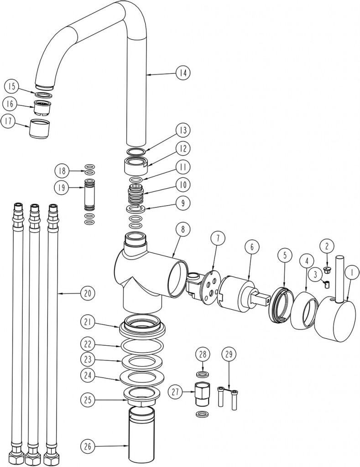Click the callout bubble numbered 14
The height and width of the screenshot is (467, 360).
[x=183, y=73]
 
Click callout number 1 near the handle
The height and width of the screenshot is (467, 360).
[x=351, y=274]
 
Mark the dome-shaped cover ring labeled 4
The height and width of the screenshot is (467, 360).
[x=304, y=311]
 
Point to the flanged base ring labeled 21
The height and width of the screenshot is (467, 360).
[x=142, y=324]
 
